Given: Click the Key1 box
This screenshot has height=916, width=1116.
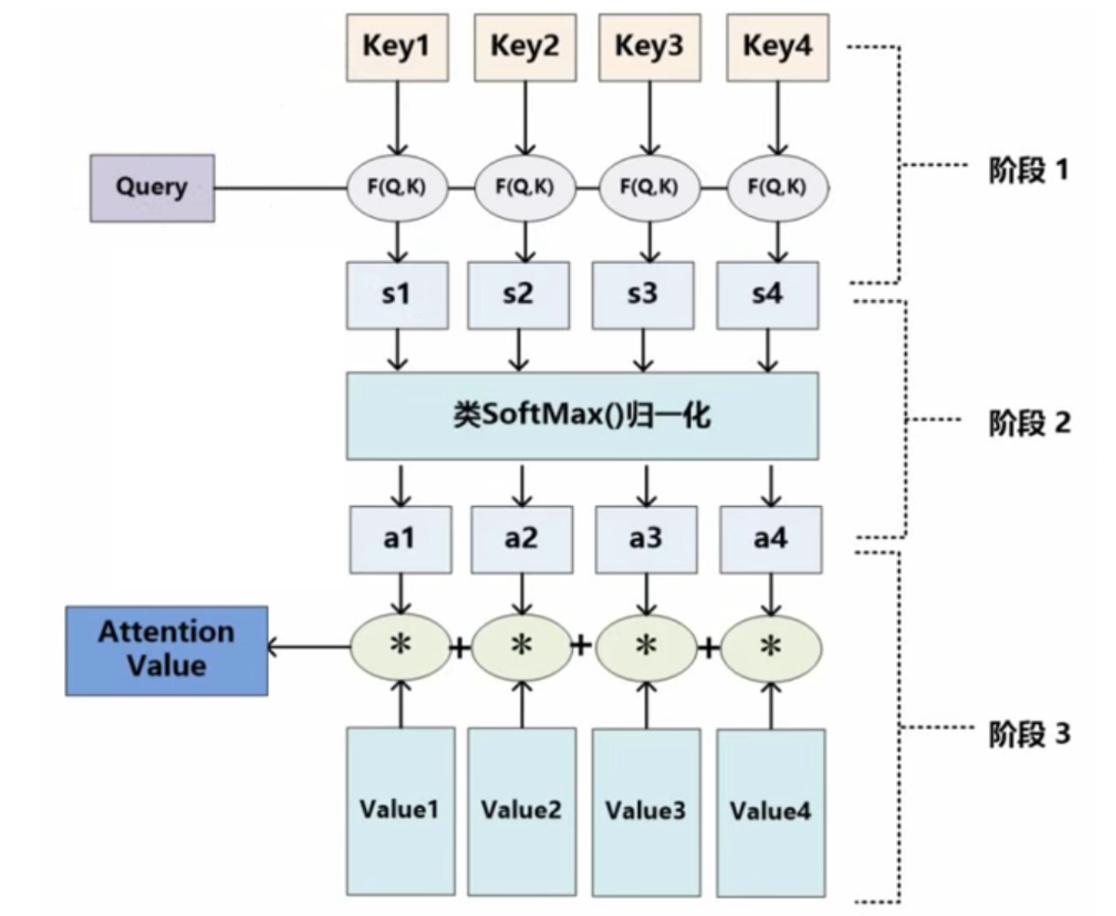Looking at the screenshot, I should [397, 48].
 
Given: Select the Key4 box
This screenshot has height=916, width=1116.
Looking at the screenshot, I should [777, 48].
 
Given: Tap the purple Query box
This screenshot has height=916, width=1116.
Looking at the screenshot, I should [152, 188].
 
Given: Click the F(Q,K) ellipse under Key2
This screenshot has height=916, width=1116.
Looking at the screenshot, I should [524, 188].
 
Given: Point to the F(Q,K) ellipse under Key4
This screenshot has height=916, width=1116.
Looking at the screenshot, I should [777, 188].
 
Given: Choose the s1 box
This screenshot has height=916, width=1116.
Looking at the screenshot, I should [397, 295].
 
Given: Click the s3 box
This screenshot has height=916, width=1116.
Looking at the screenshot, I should [642, 295].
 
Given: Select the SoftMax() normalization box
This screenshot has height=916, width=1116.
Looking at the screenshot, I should [582, 416].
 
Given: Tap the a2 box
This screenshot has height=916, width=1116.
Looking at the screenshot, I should [521, 539].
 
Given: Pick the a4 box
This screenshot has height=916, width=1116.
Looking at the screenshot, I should [770, 539].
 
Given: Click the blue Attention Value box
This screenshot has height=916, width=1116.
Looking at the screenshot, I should [166, 650].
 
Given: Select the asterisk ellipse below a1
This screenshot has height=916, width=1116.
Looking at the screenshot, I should [400, 647].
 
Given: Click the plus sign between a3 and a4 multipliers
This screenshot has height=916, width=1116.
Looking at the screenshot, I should [709, 648].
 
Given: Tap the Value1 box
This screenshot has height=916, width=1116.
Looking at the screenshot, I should [400, 810].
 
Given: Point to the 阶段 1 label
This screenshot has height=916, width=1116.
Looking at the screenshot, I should [1028, 170].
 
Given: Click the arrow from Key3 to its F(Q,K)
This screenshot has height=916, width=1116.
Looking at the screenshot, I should [650, 119].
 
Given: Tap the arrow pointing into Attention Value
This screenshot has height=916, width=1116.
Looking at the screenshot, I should [306, 647].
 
